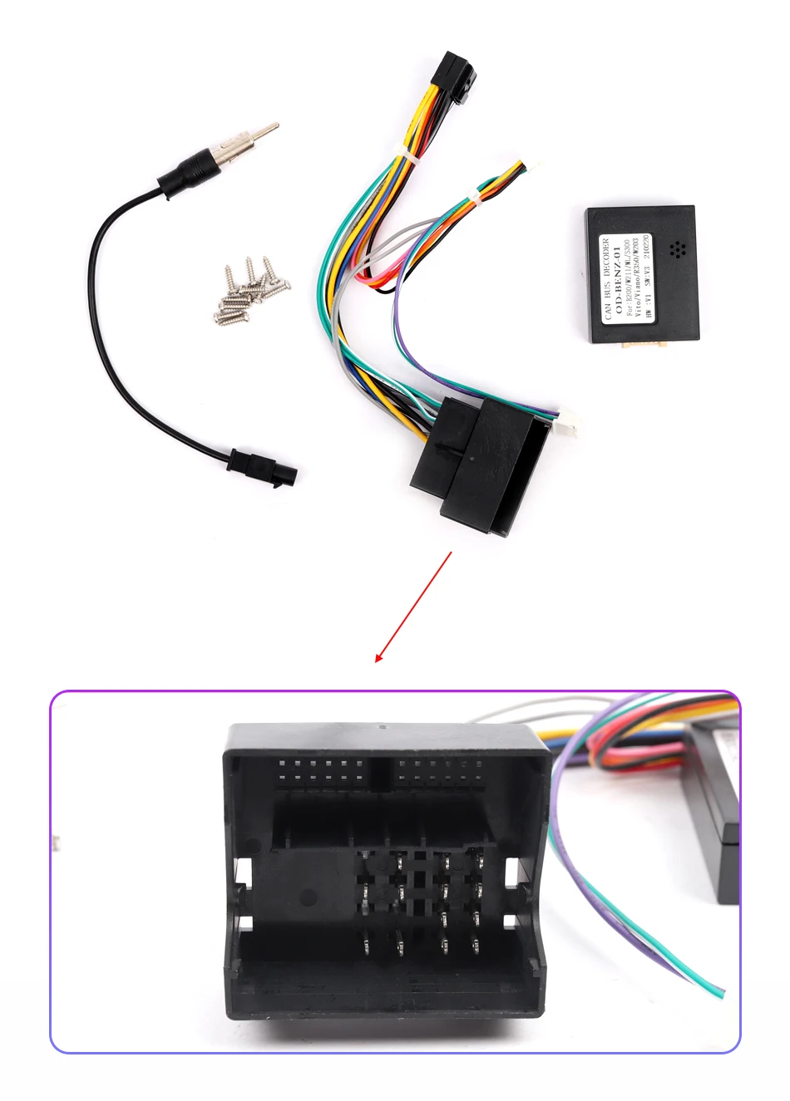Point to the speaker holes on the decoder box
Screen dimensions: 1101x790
coord(677,249)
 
